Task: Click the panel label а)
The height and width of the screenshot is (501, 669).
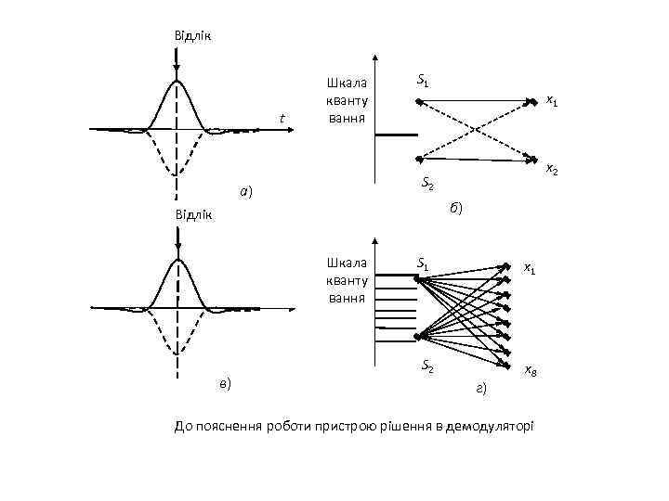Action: coord(245,192)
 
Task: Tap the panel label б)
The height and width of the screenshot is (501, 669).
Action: coord(455,208)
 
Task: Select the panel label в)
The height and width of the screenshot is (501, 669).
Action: coord(224,382)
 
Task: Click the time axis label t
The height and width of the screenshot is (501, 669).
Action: coord(282,117)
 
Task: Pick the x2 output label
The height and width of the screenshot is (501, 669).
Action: coord(551,169)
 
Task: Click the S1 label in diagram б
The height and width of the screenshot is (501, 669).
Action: coord(423,81)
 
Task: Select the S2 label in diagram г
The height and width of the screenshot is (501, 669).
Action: coord(427,367)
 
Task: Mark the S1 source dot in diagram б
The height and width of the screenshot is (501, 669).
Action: coord(419,101)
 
